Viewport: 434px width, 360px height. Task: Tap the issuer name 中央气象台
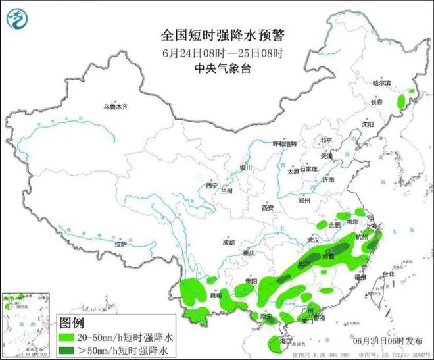216,68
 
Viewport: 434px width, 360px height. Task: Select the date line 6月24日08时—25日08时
216,53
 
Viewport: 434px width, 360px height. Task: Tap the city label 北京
327,140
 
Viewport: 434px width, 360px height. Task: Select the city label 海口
285,342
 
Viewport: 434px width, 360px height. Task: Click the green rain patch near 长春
400,101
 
